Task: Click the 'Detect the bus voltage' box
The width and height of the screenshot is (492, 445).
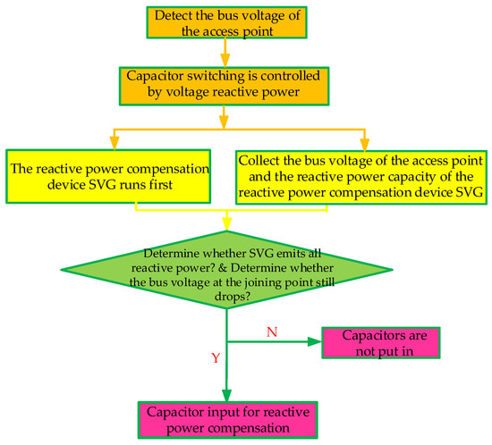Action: point(225,23)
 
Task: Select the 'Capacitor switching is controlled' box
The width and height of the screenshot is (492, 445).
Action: point(225,84)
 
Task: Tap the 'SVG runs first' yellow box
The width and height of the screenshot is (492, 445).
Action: point(109,175)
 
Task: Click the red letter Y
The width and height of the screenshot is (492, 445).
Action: point(215,357)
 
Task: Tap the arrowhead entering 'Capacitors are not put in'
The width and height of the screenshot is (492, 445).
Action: point(314,342)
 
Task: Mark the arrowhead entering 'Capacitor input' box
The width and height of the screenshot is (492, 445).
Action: point(225,396)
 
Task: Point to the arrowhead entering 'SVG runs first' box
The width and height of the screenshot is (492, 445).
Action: point(113,142)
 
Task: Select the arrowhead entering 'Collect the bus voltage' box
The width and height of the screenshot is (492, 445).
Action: point(364,142)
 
